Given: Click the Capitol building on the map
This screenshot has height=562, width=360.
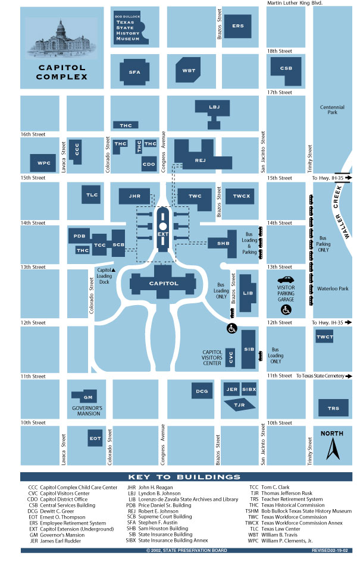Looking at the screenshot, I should tap(163, 283).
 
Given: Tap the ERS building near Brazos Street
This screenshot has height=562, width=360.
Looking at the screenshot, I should tap(238, 26).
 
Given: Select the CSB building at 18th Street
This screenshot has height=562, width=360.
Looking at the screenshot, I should tap(286, 68).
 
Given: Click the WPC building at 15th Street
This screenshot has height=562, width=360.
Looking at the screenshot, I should tap(44, 162).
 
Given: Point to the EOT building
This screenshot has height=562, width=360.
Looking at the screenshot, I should tap(95, 439).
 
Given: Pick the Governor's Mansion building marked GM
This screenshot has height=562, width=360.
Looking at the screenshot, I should tap(88, 397).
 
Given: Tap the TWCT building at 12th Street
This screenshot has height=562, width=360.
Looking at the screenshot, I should tap(325, 337).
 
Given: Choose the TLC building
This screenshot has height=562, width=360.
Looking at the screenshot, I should tap(92, 194).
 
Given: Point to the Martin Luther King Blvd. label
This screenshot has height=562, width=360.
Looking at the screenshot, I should tap(295, 4).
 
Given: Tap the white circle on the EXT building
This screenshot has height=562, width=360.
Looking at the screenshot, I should tap(162, 226).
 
